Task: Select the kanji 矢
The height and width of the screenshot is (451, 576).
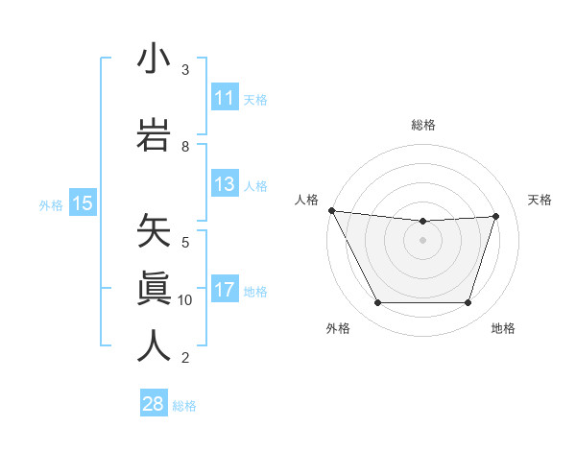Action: (154, 231)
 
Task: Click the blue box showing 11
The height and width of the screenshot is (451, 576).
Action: (224, 98)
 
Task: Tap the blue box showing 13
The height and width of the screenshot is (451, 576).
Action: (224, 184)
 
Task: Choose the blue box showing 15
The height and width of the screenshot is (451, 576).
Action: (83, 202)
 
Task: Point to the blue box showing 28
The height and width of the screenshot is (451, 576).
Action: (154, 404)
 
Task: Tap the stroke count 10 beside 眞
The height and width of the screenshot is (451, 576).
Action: (185, 300)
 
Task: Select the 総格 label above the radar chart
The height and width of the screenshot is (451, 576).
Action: (422, 126)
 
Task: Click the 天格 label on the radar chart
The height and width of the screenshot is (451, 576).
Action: (540, 200)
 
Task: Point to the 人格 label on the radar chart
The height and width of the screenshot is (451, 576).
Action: (306, 200)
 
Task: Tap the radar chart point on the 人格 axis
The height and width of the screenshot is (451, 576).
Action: (331, 210)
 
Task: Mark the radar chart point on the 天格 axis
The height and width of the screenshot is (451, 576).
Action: (496, 216)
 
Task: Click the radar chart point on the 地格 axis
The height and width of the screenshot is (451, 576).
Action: (468, 303)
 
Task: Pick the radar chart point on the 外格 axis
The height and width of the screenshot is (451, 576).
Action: (377, 303)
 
